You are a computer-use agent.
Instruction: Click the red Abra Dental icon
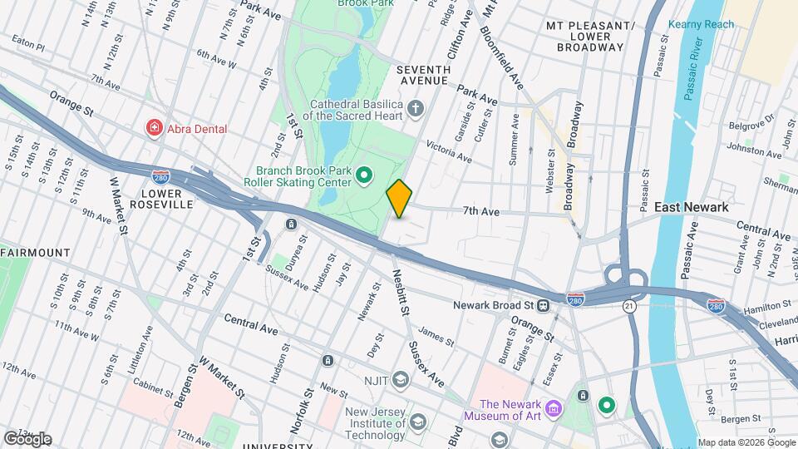[x=154, y=128]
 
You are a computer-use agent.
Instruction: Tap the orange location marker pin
[x=400, y=199]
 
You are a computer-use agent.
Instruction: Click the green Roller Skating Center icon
[x=363, y=175]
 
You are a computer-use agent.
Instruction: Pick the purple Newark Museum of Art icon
[x=554, y=408]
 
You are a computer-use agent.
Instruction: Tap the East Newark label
[x=691, y=207]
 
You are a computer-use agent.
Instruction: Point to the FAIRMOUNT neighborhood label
[x=35, y=252]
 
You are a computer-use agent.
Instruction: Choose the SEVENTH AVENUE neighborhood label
[x=422, y=75]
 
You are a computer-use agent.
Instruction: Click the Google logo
[x=27, y=438]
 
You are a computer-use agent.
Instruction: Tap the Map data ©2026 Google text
[x=746, y=442]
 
